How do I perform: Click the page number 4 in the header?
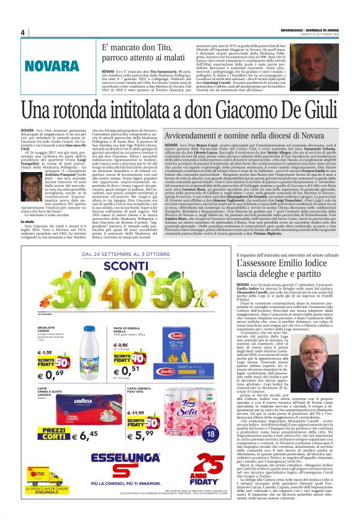point(22,32)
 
